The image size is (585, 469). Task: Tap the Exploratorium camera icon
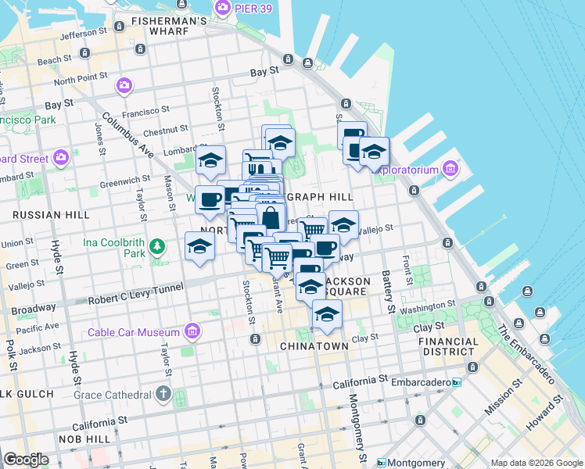450,169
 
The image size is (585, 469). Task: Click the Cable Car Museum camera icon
192,332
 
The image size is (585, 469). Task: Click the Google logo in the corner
26,459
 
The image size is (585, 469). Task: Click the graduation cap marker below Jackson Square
327,315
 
